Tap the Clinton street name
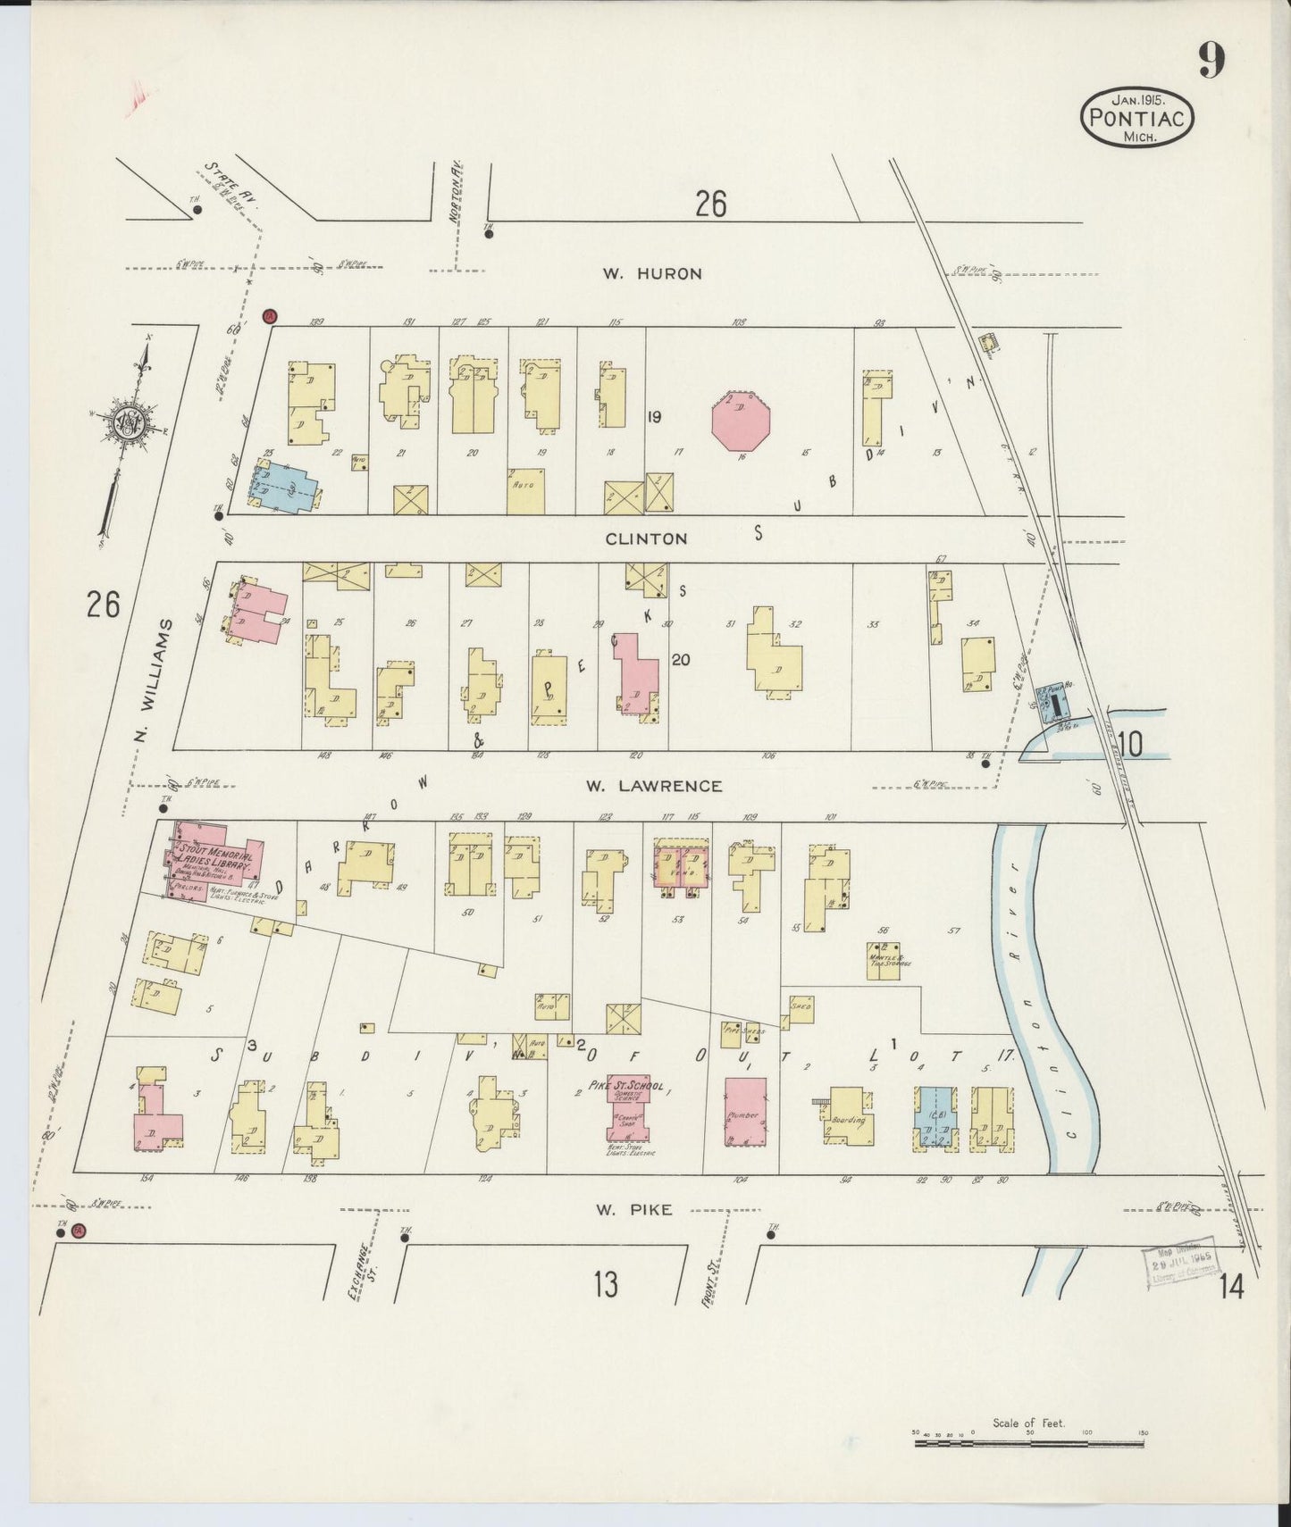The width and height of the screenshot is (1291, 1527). [x=646, y=538]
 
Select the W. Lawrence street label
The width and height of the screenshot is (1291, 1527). [x=653, y=786]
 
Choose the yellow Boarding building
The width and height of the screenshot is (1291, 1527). [x=848, y=1115]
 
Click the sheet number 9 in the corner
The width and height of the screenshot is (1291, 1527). [x=1211, y=60]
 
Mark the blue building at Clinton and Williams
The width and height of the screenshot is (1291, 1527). [x=279, y=488]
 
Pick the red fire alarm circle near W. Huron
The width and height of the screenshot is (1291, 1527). [x=269, y=316]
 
